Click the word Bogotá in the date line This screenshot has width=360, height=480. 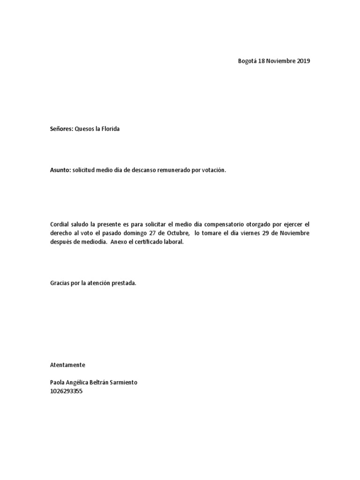(x=248, y=61)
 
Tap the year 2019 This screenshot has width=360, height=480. (x=303, y=61)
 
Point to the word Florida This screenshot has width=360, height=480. (x=111, y=128)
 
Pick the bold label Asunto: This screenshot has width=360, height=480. (x=60, y=171)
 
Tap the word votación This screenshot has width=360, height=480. (x=213, y=171)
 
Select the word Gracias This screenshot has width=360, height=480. (x=60, y=284)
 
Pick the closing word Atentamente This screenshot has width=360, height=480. (x=67, y=364)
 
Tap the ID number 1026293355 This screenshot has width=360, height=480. (x=66, y=391)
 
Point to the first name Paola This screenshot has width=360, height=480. (x=58, y=382)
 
